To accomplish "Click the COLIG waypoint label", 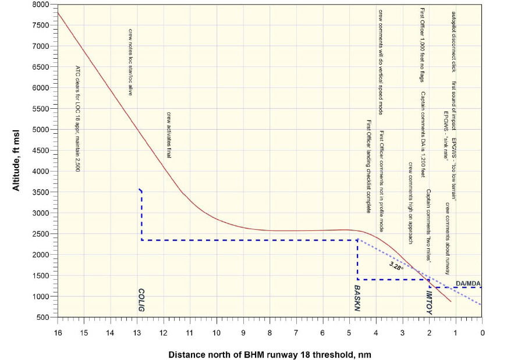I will pyautogui.click(x=141, y=299).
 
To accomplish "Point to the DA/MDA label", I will pyautogui.click(x=468, y=283).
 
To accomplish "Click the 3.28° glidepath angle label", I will pyautogui.click(x=396, y=266).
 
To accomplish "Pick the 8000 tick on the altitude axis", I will pyautogui.click(x=41, y=5).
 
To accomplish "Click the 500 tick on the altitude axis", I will pyautogui.click(x=43, y=318).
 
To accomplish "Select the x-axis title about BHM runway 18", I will pyautogui.click(x=270, y=354).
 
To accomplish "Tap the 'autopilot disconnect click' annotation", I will pyautogui.click(x=453, y=41).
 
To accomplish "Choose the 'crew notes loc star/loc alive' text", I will pyautogui.click(x=130, y=61).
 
